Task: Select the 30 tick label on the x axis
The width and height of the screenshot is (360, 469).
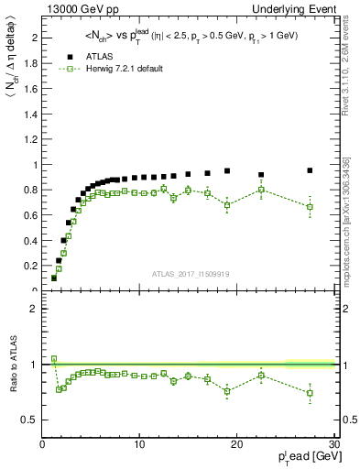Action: (x=334, y=444)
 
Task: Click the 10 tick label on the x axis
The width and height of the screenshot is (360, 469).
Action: (x=139, y=444)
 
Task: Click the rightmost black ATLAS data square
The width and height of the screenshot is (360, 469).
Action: (x=310, y=170)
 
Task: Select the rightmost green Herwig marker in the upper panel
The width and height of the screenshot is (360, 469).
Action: (x=310, y=207)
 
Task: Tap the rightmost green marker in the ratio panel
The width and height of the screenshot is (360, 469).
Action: (x=310, y=393)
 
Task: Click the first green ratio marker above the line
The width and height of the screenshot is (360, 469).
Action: (x=54, y=359)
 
